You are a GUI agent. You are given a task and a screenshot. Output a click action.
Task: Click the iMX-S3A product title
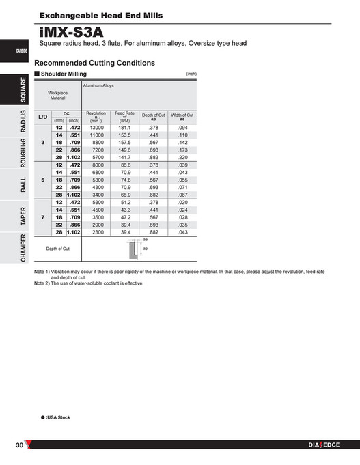(72, 32)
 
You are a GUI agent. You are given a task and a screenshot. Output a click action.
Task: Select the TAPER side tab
(23, 216)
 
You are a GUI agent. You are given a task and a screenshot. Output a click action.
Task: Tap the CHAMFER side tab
(23, 247)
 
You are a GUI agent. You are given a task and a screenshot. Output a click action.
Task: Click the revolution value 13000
(96, 128)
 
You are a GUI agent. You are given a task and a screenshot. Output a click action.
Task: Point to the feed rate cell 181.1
(124, 128)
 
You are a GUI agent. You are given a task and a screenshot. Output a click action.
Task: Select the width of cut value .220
(182, 156)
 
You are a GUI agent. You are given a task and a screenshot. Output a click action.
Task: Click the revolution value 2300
(96, 232)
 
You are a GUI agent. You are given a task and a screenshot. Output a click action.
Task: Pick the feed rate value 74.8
(124, 180)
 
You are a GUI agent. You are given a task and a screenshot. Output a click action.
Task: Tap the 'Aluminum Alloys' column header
(99, 86)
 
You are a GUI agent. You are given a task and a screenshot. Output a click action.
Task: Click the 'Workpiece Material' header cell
(57, 95)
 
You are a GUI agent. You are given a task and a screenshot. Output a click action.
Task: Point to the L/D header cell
(42, 117)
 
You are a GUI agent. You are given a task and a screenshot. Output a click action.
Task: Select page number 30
(20, 446)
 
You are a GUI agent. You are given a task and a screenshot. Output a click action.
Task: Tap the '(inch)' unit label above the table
(191, 73)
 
